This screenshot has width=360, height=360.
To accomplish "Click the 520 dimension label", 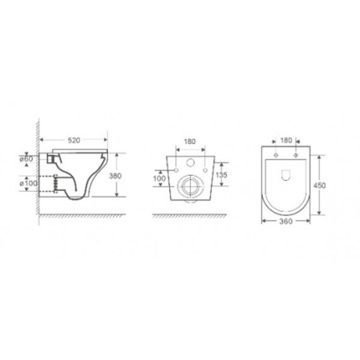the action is pyautogui.click(x=73, y=140).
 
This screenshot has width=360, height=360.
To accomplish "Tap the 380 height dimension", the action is pyautogui.click(x=115, y=176).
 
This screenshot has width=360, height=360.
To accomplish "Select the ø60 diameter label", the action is pyautogui.click(x=26, y=158).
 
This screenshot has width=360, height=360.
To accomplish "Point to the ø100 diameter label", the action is pyautogui.click(x=28, y=184).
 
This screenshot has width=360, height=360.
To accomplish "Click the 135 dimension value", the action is pyautogui.click(x=221, y=175).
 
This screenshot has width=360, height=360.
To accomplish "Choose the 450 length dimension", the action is pyautogui.click(x=320, y=185).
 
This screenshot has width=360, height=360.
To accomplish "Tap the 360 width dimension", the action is pyautogui.click(x=286, y=221).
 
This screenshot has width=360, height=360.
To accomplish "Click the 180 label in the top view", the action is pyautogui.click(x=286, y=140).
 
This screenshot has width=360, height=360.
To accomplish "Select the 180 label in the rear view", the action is pyautogui.click(x=189, y=142).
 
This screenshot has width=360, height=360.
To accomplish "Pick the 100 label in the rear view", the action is pyautogui.click(x=159, y=179).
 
